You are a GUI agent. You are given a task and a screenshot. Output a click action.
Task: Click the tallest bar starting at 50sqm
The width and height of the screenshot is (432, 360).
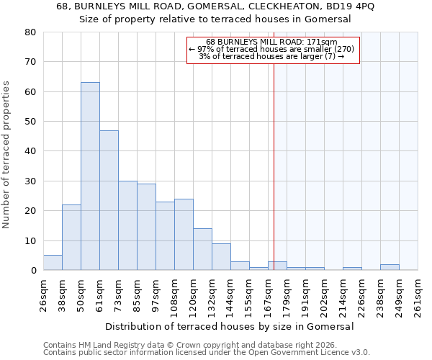pos(90,176)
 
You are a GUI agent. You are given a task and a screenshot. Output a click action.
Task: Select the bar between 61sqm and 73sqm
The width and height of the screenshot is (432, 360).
pos(109,200)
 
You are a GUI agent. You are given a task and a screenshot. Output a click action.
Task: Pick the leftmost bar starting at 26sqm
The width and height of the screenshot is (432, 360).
pos(53,263)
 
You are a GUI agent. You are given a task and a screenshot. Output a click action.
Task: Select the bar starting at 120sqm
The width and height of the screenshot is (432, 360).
pos(202,249)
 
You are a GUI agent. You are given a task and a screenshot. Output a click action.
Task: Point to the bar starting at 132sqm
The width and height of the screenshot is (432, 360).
pos(221,257)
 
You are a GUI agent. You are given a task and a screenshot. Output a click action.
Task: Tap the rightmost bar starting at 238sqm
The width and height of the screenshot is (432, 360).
pos(390,267)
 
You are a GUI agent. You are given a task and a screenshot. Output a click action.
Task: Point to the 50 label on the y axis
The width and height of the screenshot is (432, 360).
pos(30,122)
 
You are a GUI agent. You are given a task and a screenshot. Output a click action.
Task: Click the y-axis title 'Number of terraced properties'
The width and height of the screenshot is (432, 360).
pos(6,154)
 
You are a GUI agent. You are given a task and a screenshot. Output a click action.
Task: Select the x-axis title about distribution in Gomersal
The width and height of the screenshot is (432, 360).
pos(235,326)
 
